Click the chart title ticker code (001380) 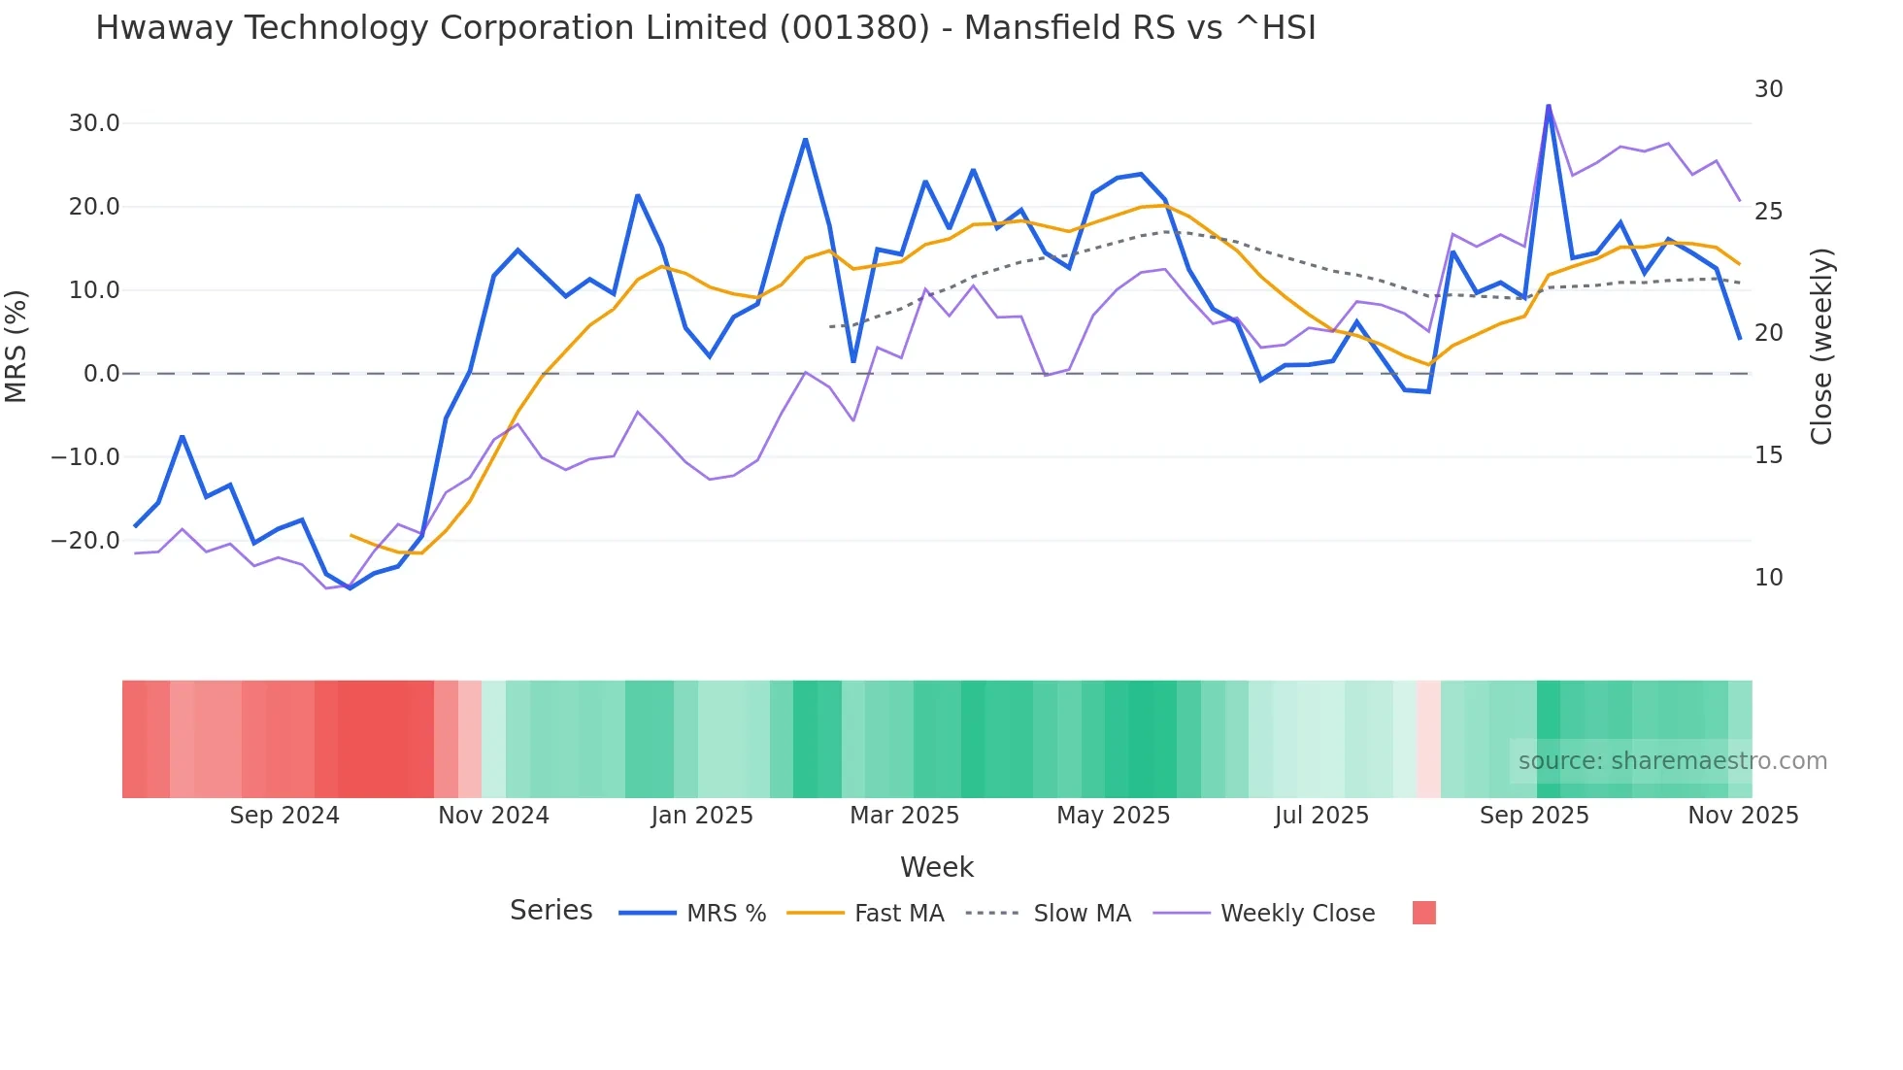(x=854, y=28)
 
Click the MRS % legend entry (x=725, y=914)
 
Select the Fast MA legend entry (x=898, y=914)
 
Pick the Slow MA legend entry (x=1082, y=914)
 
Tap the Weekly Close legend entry (x=1297, y=914)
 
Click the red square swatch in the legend (x=1423, y=913)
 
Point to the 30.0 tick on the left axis (x=94, y=123)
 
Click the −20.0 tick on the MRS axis (x=85, y=540)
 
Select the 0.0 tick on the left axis (x=101, y=374)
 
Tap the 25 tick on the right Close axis (x=1768, y=212)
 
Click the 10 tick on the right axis (x=1768, y=578)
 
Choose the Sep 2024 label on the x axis (x=284, y=816)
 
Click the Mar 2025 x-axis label (x=904, y=816)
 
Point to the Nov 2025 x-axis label (x=1743, y=816)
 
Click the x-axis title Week (x=936, y=867)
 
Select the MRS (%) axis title (x=17, y=346)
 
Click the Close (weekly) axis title (x=1821, y=347)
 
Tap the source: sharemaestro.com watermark (x=1672, y=761)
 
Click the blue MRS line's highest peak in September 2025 (x=1549, y=105)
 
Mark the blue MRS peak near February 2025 (x=805, y=140)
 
